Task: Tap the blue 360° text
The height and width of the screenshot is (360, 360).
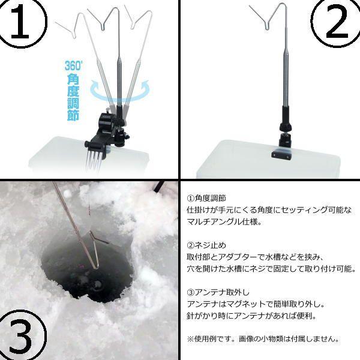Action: [75, 65]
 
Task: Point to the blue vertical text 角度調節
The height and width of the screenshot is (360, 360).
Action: [73, 96]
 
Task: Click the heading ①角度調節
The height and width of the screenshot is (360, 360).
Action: [207, 197]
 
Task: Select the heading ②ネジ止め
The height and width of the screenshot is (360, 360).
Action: [207, 245]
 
